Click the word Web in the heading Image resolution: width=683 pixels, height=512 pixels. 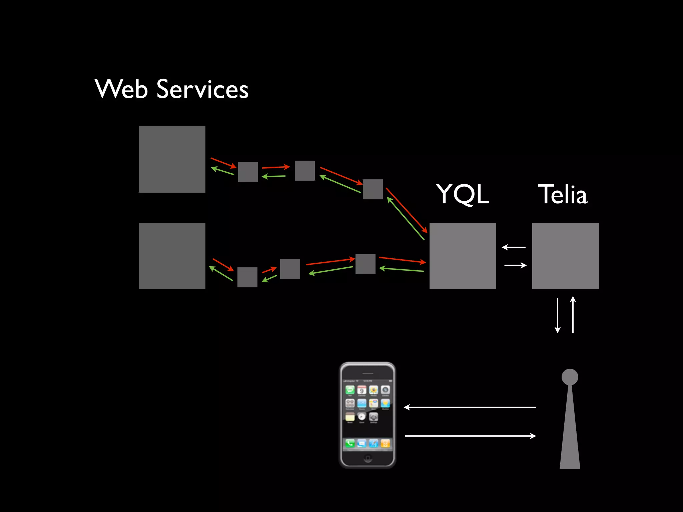pyautogui.click(x=121, y=89)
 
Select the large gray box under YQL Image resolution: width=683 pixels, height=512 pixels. pyautogui.click(x=463, y=256)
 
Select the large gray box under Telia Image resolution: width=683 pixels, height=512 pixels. pyautogui.click(x=565, y=256)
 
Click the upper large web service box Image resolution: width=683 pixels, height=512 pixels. pyautogui.click(x=172, y=159)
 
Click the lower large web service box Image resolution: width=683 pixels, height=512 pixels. pyautogui.click(x=172, y=256)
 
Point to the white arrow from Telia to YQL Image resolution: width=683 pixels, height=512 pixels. pyautogui.click(x=514, y=247)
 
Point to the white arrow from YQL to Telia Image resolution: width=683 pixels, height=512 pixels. pyautogui.click(x=516, y=265)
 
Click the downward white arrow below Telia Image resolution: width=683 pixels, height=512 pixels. pyautogui.click(x=557, y=315)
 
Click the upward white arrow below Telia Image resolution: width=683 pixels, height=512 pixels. pyautogui.click(x=573, y=315)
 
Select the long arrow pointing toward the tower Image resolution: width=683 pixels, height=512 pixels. pyautogui.click(x=470, y=436)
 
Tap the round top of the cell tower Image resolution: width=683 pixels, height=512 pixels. pyautogui.click(x=570, y=377)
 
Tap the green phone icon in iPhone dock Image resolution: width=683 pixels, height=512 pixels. pyautogui.click(x=350, y=443)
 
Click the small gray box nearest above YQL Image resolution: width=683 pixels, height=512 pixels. pyautogui.click(x=373, y=189)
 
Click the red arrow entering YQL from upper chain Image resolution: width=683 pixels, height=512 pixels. pyautogui.click(x=407, y=210)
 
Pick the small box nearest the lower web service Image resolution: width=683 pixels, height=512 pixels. pyautogui.click(x=247, y=277)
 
